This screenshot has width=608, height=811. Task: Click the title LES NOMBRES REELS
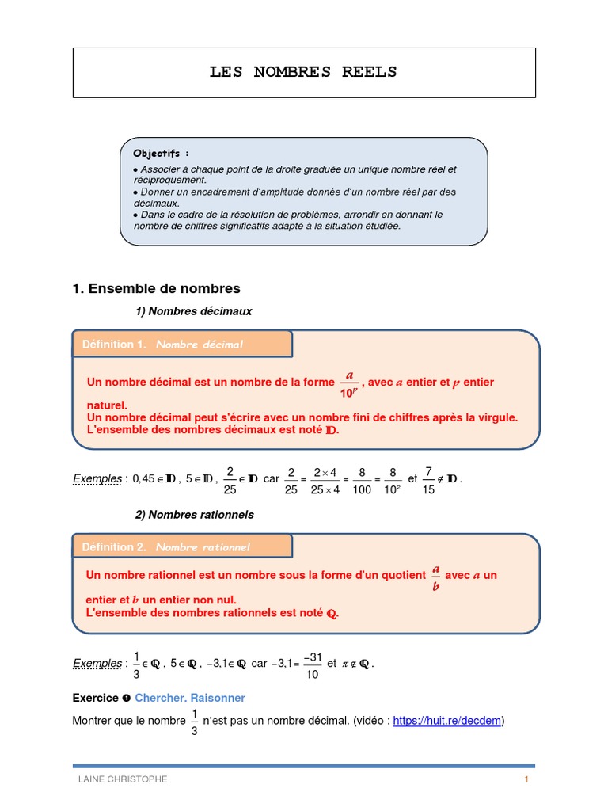[303, 73]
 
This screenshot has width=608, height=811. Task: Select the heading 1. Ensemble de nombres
[156, 288]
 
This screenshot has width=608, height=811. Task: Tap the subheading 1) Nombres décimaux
[194, 311]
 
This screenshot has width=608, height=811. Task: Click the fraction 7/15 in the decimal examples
[427, 479]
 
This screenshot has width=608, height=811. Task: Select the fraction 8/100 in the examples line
[363, 479]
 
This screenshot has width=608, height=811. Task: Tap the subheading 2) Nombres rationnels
[195, 515]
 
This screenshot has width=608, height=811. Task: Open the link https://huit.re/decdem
[446, 721]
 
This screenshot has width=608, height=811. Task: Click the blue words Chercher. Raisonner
[190, 698]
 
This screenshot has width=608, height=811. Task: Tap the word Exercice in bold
[94, 698]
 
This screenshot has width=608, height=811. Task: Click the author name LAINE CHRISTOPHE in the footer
[122, 779]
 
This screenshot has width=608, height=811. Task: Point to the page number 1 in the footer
[526, 779]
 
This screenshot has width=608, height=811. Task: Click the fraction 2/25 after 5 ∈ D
[230, 479]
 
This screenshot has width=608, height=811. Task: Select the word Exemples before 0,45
[97, 478]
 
